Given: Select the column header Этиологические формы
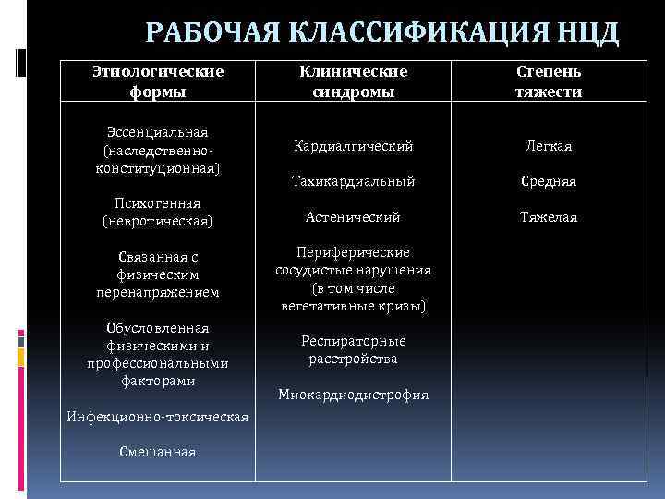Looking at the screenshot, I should pyautogui.click(x=159, y=80).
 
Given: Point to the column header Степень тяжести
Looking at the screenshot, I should pyautogui.click(x=549, y=80).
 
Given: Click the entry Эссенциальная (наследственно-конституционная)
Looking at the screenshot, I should pyautogui.click(x=157, y=152).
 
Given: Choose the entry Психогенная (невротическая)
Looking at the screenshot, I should pyautogui.click(x=157, y=212).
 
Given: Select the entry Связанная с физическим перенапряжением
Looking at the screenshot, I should pyautogui.click(x=157, y=274).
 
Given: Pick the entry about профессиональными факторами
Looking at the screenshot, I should pyautogui.click(x=157, y=354).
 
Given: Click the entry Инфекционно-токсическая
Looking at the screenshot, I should pyautogui.click(x=158, y=417).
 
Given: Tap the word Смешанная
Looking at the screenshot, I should pyautogui.click(x=157, y=451).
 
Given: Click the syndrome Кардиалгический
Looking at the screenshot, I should pyautogui.click(x=354, y=146).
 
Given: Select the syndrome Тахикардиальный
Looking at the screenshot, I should pyautogui.click(x=354, y=181).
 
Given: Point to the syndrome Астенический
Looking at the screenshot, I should pyautogui.click(x=354, y=217).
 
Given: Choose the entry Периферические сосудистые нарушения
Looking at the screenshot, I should pyautogui.click(x=354, y=278).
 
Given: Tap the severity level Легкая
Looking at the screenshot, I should pyautogui.click(x=549, y=146).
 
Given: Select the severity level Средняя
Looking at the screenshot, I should pyautogui.click(x=549, y=181).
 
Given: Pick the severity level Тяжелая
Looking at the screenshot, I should pyautogui.click(x=549, y=217).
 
